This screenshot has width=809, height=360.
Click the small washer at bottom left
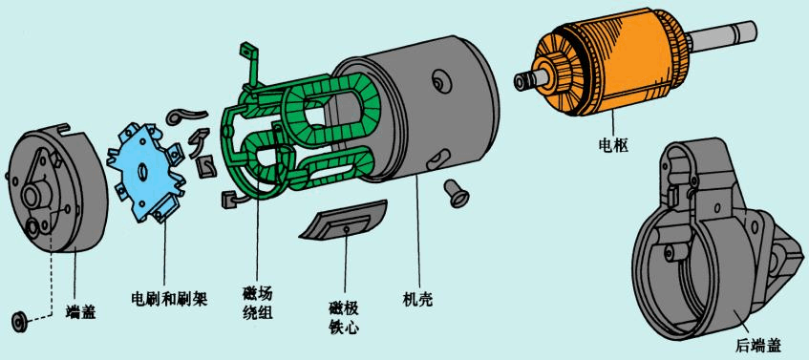tap(18, 318)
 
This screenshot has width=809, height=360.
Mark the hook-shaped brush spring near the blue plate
tap(180, 116)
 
